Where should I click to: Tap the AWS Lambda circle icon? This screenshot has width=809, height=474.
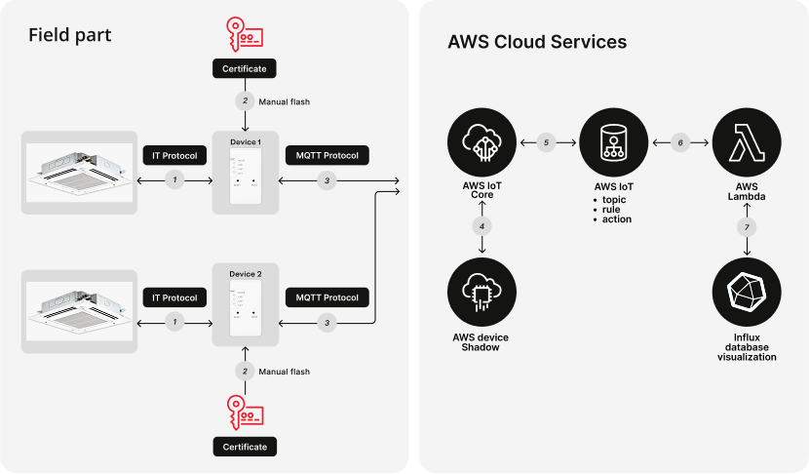747,143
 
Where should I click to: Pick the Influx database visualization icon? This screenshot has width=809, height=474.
747,291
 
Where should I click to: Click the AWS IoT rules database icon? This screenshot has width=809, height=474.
614,143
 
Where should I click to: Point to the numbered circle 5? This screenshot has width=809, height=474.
547,143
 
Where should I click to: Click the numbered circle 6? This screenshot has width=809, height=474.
680,143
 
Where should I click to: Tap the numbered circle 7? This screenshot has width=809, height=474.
747,227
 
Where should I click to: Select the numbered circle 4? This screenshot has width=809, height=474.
481,226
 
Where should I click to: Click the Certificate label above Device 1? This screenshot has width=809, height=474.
245,69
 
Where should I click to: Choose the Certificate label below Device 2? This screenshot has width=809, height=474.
245,447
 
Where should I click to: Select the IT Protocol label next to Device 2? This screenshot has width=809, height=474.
175,296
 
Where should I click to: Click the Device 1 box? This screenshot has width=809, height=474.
246,172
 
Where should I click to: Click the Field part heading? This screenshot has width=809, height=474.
69,36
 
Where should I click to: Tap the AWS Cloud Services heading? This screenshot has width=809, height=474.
537,42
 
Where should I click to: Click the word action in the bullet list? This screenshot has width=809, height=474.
617,218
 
